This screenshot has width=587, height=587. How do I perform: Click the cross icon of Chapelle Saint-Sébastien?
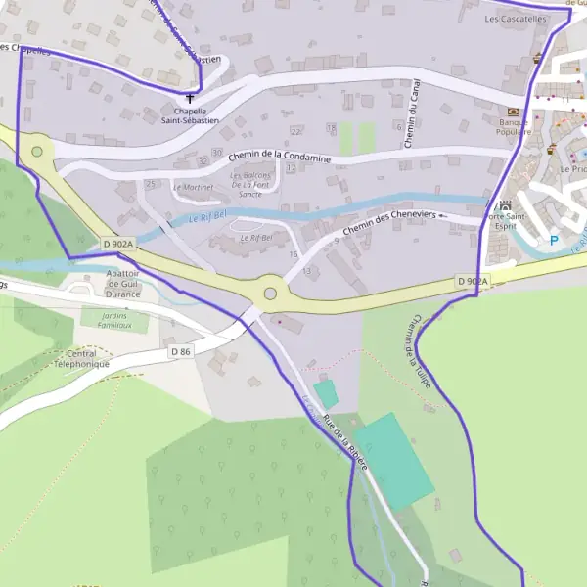click(191, 98)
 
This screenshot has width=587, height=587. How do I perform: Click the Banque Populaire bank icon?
click(514, 112)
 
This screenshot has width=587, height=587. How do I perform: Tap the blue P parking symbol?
click(554, 241)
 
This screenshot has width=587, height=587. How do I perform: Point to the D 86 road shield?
click(179, 351)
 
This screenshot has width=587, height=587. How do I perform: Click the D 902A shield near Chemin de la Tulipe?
click(471, 281)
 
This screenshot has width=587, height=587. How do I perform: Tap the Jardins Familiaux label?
click(108, 319)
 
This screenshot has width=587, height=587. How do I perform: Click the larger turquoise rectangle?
click(393, 461)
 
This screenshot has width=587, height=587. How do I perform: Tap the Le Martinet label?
click(193, 186)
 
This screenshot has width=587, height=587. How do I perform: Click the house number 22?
click(295, 130)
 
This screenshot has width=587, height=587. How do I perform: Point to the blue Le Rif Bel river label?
click(207, 219)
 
